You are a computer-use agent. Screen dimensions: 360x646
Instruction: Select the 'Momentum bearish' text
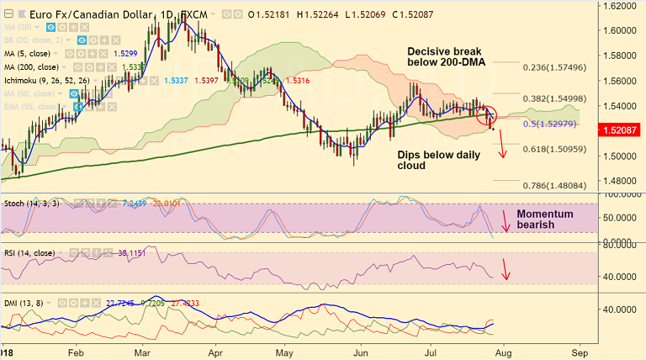pos(544,220)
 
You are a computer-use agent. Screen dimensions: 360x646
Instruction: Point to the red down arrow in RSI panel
pos(506,270)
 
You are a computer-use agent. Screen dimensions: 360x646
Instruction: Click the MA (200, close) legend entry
pos(34,66)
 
